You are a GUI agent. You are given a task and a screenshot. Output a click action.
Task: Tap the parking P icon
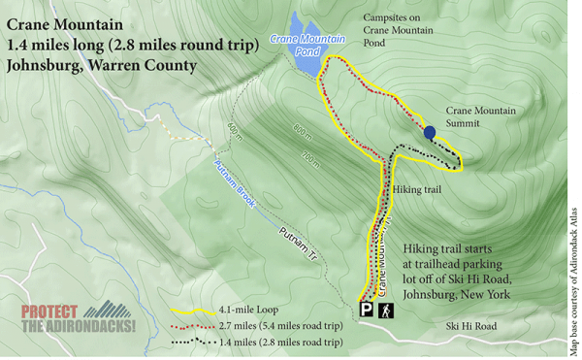tap(367, 310)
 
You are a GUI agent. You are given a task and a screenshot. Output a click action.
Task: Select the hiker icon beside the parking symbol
tap(385, 310)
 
